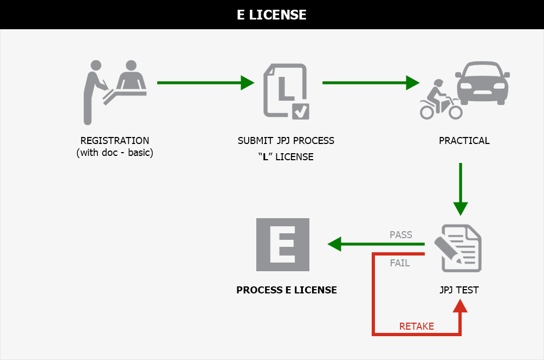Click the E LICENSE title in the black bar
coord(272,15)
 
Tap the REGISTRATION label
coord(114,141)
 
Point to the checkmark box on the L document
coord(300,111)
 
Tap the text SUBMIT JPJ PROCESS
coord(286,141)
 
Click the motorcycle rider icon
coord(441,100)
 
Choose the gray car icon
coord(482,81)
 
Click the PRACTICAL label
coord(464,141)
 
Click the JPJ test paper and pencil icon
coord(460,247)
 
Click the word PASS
coord(401,235)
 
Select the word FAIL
coord(400,264)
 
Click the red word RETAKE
coord(416,326)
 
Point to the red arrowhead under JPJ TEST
coord(460,306)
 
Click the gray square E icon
coord(283,245)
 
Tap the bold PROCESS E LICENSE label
coord(287,290)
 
